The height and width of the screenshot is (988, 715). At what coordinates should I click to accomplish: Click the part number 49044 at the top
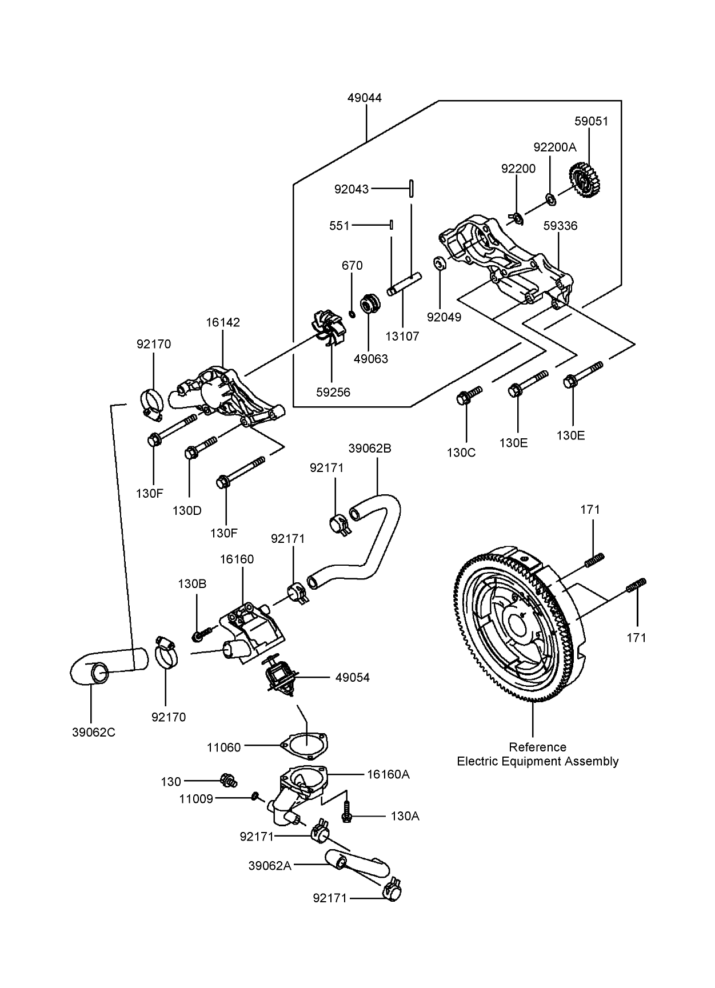(x=364, y=98)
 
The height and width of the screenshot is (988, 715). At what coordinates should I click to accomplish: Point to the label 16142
(x=223, y=322)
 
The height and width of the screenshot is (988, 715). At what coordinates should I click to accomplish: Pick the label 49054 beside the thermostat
(x=352, y=678)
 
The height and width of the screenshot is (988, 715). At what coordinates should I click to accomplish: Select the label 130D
(x=187, y=510)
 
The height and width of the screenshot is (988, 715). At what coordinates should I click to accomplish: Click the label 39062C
(x=94, y=733)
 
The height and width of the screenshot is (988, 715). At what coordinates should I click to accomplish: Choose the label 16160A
(x=389, y=774)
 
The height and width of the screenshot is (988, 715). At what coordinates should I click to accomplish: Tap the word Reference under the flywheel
(x=537, y=747)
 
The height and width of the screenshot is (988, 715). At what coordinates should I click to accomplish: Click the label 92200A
(x=554, y=147)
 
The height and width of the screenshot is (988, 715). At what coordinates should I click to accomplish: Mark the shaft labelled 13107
(x=404, y=283)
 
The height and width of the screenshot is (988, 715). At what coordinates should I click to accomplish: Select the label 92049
(x=444, y=317)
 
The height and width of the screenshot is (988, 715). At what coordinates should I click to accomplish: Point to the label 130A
(x=405, y=817)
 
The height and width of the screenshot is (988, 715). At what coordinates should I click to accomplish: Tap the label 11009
(x=196, y=799)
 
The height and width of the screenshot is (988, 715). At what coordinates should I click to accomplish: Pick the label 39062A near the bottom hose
(x=270, y=866)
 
